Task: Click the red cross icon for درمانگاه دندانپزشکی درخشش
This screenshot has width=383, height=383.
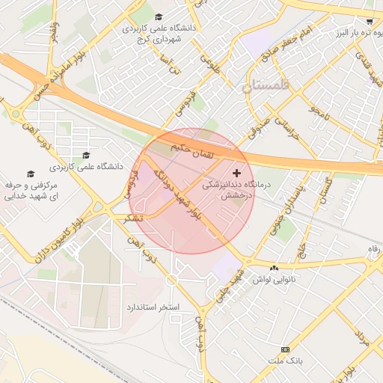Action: pos(238,173)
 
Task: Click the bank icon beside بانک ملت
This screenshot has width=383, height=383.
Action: pos(284,349)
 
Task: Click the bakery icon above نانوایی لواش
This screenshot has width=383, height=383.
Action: pos(274,268)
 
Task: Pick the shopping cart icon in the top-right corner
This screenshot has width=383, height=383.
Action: pos(369,22)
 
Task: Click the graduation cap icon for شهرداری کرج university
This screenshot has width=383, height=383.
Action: pos(158,16)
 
